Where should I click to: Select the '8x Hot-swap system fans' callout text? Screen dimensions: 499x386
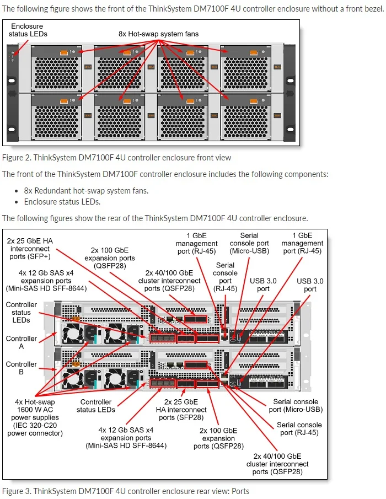[x=158, y=34]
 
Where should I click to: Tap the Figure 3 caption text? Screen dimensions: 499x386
[x=125, y=491]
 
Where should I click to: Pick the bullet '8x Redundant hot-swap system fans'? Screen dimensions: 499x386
[x=86, y=191]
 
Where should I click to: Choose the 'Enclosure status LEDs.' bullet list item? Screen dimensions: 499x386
[x=62, y=202]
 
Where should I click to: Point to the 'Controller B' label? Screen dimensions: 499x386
[x=22, y=368]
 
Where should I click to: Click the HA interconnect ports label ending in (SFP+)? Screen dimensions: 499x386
[x=30, y=248]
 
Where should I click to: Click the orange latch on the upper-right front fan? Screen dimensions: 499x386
[x=253, y=53]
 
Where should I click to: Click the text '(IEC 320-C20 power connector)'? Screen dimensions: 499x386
[x=35, y=429]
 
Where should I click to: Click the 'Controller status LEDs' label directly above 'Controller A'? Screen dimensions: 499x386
[x=22, y=312]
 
